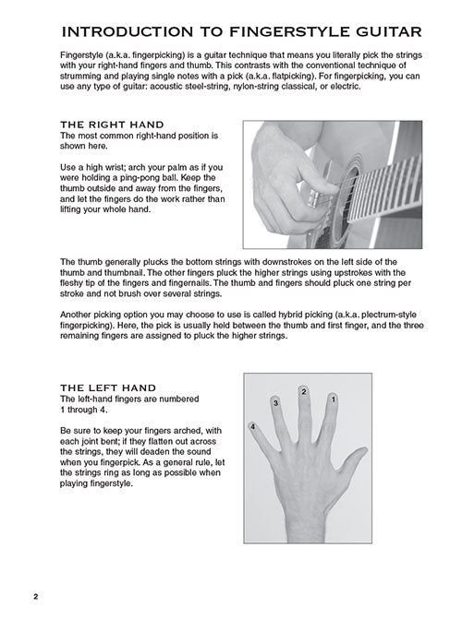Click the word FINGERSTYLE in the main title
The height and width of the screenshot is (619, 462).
tap(291, 32)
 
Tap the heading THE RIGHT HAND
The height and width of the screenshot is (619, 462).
tap(112, 125)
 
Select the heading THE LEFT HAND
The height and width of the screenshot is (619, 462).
tap(108, 387)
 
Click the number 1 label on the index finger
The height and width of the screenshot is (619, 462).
tap(333, 399)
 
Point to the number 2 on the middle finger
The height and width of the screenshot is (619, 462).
tap(303, 392)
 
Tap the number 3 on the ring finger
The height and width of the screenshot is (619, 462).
tap(275, 403)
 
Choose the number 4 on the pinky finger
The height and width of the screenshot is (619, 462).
tap(253, 427)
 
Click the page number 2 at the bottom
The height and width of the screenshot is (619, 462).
tap(36, 597)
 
